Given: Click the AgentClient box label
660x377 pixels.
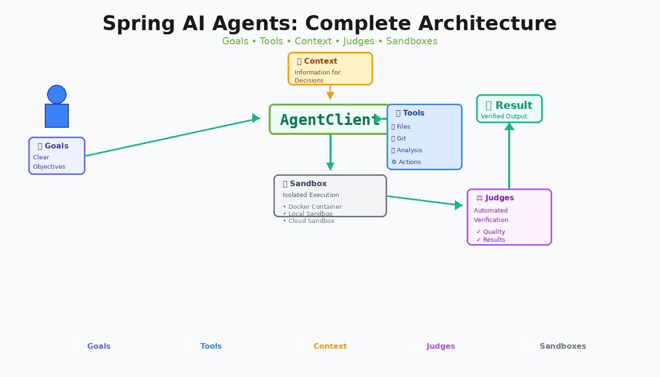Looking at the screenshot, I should (x=330, y=120).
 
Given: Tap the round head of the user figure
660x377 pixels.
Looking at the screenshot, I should (x=57, y=94).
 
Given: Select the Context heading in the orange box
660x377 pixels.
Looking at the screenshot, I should (x=321, y=61).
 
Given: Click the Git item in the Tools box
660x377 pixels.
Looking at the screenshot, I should (x=401, y=139).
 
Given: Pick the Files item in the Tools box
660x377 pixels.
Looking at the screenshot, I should (x=404, y=127).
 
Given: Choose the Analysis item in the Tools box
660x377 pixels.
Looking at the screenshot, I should (x=409, y=150).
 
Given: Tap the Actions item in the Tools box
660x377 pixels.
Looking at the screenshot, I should (x=409, y=162).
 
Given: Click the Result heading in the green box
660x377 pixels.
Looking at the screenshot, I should (x=513, y=106).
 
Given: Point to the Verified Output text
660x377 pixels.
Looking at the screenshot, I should (x=504, y=116).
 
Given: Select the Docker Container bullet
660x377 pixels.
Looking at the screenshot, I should (x=315, y=207).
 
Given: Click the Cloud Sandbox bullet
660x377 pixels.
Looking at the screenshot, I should (x=311, y=221).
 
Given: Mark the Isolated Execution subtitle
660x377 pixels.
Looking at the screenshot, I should (x=311, y=195).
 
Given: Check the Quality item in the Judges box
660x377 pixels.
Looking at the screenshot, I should (x=494, y=232).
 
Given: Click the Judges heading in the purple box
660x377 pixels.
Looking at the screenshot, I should (x=499, y=198).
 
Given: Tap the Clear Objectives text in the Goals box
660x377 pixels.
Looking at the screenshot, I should (x=49, y=162).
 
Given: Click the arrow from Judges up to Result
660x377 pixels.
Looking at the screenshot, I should (x=509, y=156).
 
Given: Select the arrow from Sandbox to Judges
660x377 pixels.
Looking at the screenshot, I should (x=424, y=201).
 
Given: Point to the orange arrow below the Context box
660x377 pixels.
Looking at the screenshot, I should (x=330, y=92).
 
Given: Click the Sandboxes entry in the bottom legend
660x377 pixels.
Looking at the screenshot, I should (x=562, y=346).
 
